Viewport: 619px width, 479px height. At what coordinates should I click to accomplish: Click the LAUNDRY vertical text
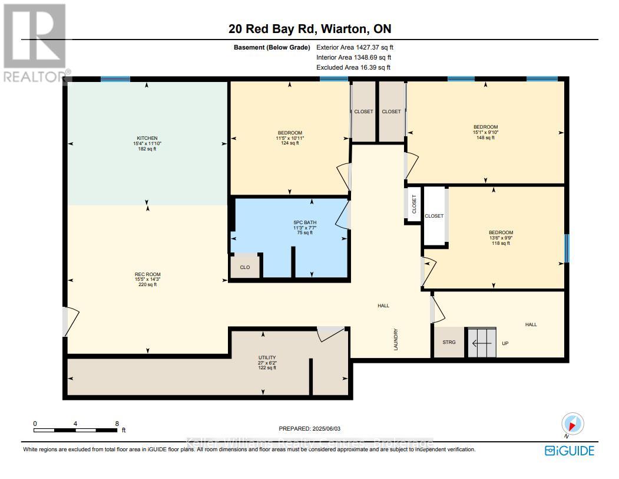(396, 340)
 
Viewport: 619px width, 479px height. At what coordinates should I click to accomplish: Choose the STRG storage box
(449, 342)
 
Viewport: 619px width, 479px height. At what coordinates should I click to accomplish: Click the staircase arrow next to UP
(482, 342)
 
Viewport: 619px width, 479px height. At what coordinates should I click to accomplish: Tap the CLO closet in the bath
(244, 267)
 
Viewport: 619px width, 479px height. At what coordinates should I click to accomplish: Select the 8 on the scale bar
(117, 424)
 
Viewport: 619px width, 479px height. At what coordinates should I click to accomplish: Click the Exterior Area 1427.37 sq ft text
(359, 47)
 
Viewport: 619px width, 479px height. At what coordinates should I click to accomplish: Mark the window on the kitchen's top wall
(115, 79)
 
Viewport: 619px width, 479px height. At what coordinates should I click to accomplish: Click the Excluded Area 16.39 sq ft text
(353, 68)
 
